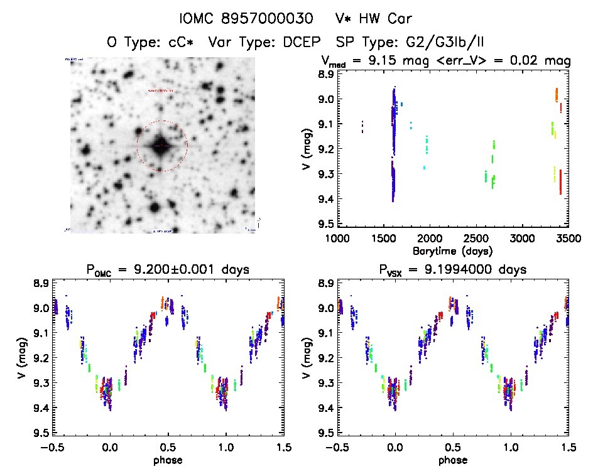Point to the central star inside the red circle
(161, 146)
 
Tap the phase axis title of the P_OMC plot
(167, 460)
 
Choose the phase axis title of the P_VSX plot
(452, 460)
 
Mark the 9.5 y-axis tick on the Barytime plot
(325, 224)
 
